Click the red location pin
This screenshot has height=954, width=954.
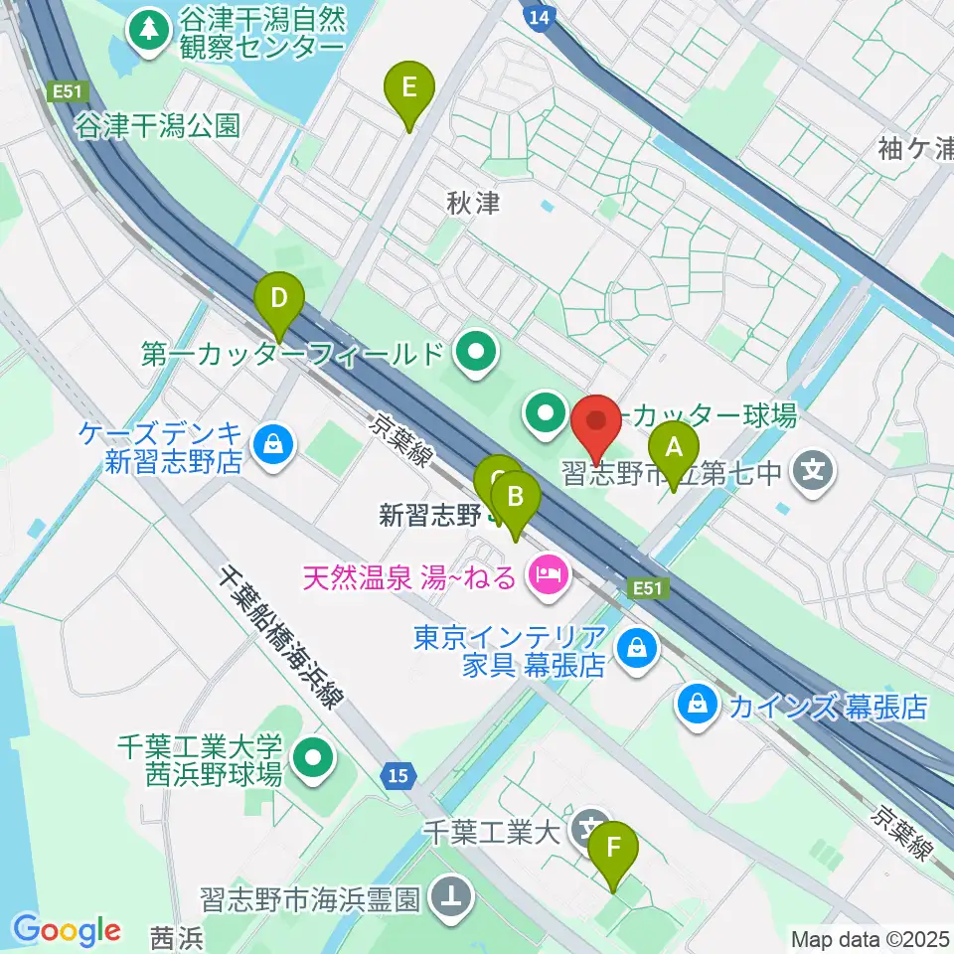597,423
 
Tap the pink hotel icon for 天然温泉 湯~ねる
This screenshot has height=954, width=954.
548,573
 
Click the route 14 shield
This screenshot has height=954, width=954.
538,16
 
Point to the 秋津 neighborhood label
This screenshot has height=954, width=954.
472,205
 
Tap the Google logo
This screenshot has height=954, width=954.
67,930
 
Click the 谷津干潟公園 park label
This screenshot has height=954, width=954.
158,125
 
